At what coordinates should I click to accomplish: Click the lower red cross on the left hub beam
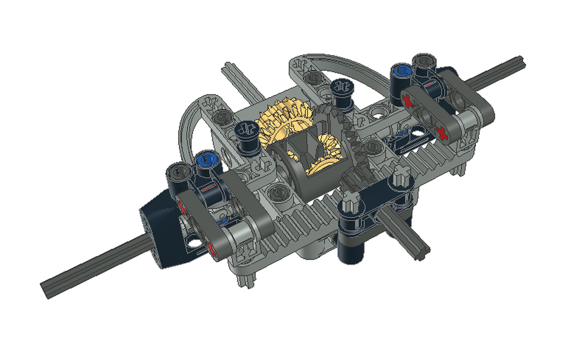(209, 248)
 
